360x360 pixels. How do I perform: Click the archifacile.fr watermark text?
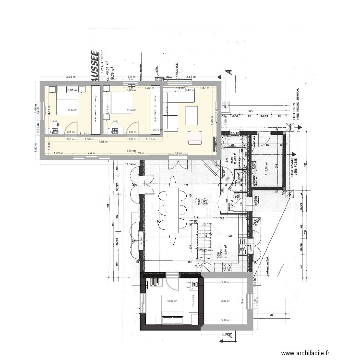click(x=306, y=353)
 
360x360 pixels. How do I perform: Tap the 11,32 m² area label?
click(x=72, y=110)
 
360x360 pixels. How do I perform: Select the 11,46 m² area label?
click(x=131, y=110)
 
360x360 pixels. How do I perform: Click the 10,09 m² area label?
click(x=171, y=301)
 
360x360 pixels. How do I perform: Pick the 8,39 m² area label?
click(x=226, y=301)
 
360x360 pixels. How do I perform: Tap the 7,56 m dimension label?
click(x=103, y=142)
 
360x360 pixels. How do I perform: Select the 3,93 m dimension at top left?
click(x=71, y=77)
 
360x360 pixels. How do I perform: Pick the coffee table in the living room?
click(x=191, y=115)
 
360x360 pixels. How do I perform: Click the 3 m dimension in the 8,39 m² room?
click(x=242, y=301)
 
